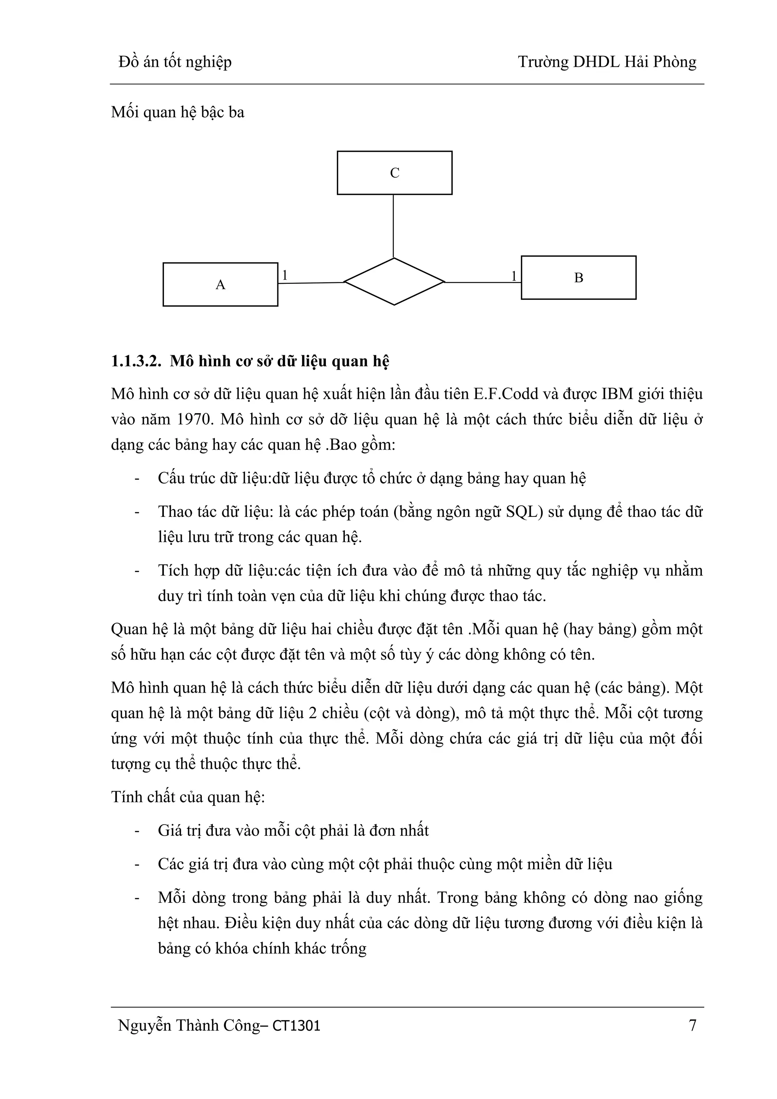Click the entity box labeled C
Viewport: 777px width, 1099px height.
coord(394,173)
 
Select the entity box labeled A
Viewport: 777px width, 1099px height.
coord(220,284)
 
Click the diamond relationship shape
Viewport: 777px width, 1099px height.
coord(394,282)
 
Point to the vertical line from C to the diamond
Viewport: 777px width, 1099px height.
coord(393,226)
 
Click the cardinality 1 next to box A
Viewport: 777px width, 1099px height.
coord(285,275)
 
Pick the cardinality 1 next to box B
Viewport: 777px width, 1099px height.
coord(514,276)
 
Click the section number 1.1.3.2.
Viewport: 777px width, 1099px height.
coord(135,361)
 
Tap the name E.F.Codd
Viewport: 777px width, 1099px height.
coord(507,394)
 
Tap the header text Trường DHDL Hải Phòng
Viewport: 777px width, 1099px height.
coord(607,62)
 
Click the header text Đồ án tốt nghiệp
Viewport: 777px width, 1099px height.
coord(175,62)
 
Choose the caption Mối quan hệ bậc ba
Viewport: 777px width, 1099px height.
coord(178,112)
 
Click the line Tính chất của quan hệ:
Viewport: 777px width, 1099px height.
coord(188,797)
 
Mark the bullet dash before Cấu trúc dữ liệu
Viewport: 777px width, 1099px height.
coord(137,479)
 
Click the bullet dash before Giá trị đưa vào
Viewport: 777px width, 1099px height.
coord(137,830)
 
